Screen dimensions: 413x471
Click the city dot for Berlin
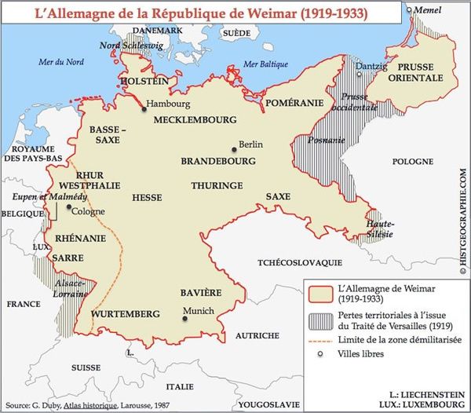point(233,147)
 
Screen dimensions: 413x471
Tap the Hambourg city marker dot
point(144,110)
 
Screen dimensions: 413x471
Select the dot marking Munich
point(184,319)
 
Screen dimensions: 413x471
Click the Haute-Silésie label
point(381,228)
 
